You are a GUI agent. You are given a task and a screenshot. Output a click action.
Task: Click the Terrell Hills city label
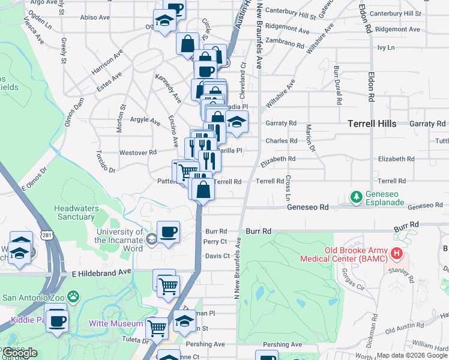coord(372,124)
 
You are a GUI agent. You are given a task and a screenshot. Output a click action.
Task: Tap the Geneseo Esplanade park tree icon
coord(356,197)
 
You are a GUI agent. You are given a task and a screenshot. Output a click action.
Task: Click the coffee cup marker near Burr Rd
coord(168,232)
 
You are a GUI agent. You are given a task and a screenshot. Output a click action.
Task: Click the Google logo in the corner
coord(19,353)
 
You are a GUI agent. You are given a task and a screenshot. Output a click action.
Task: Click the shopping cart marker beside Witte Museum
coord(157,328)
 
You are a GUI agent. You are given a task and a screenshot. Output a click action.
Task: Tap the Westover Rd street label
coord(137,152)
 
